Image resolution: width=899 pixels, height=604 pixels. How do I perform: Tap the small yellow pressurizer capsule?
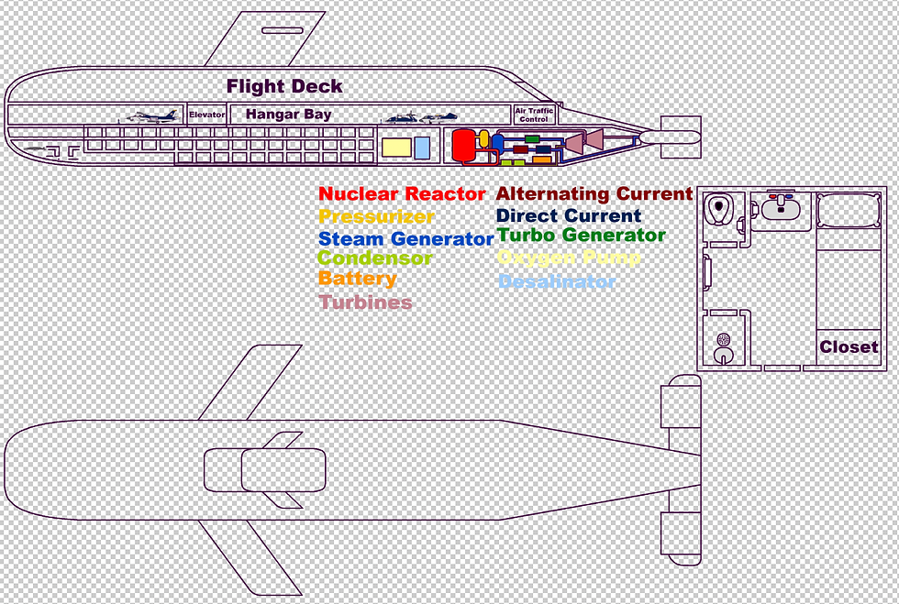[x=484, y=137]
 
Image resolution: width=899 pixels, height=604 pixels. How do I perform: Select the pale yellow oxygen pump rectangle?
[x=395, y=147]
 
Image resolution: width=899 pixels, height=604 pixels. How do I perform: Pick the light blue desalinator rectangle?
[x=422, y=148]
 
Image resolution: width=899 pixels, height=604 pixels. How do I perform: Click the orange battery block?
[x=542, y=159]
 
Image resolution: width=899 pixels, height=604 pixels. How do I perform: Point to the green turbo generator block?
[x=531, y=138]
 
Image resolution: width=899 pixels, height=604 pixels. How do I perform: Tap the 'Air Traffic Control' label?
[x=533, y=115]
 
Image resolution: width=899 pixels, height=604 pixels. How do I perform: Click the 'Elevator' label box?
[x=206, y=115]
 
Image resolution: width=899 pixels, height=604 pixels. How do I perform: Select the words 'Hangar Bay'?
[x=288, y=115]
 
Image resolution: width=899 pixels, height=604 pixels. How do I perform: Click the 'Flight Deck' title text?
[x=284, y=86]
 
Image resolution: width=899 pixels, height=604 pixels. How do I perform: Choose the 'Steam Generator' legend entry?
[x=405, y=238]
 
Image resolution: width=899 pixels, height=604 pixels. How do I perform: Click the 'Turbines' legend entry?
[x=365, y=302]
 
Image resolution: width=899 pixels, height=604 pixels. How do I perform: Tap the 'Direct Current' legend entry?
[x=568, y=215]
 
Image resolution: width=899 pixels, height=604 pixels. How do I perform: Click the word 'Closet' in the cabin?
[x=849, y=347]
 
